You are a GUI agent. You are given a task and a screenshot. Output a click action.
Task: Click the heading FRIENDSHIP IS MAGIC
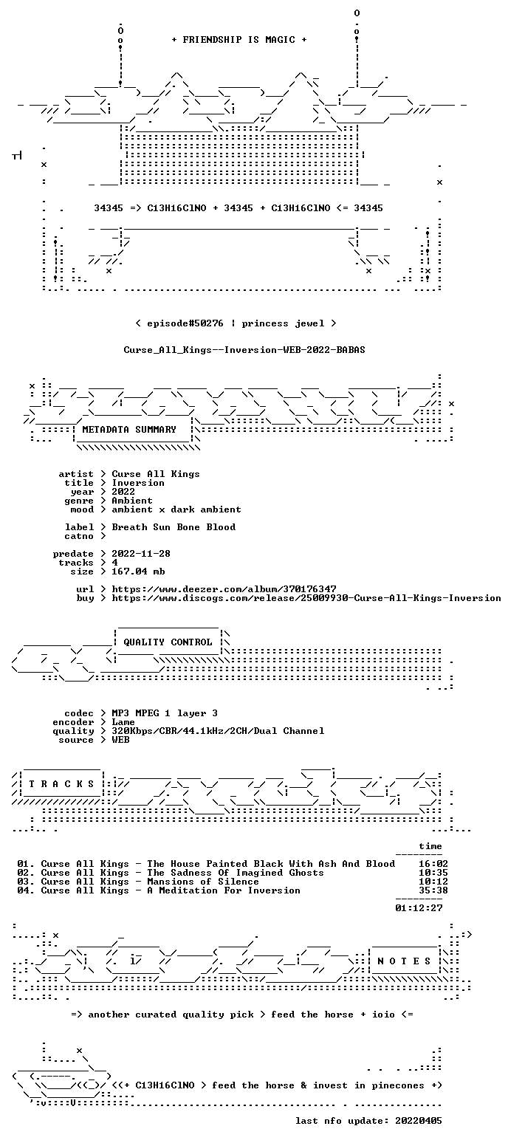point(238,40)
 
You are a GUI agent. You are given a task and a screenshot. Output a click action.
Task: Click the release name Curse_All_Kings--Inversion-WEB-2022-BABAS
point(244,349)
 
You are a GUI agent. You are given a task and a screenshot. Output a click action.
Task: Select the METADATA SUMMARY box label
point(129,430)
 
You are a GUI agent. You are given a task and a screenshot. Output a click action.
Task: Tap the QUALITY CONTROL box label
point(168,642)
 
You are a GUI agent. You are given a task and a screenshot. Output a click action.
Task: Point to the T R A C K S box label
point(61,783)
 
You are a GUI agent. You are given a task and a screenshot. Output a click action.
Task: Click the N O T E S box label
point(404,961)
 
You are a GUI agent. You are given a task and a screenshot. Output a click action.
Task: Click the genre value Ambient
point(132,501)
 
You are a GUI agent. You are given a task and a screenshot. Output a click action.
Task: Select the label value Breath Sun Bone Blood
point(174,527)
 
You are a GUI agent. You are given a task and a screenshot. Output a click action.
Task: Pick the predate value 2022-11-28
point(141,554)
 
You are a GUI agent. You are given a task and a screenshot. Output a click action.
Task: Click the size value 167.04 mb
point(138,571)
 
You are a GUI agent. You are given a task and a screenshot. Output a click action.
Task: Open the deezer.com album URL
point(224,588)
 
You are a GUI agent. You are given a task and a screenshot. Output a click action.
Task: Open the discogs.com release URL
point(306,598)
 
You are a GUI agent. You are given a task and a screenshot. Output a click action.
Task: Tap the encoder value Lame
point(123,722)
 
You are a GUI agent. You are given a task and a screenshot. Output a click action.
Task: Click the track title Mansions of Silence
point(203,881)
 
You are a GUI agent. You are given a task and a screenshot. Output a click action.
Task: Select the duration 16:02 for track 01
point(433,863)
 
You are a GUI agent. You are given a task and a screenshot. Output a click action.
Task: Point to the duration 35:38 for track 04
point(433,890)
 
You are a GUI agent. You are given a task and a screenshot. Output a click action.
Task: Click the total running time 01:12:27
point(419,907)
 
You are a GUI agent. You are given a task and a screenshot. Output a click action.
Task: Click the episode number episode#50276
point(185,323)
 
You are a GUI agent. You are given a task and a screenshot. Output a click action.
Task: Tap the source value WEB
point(120,740)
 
